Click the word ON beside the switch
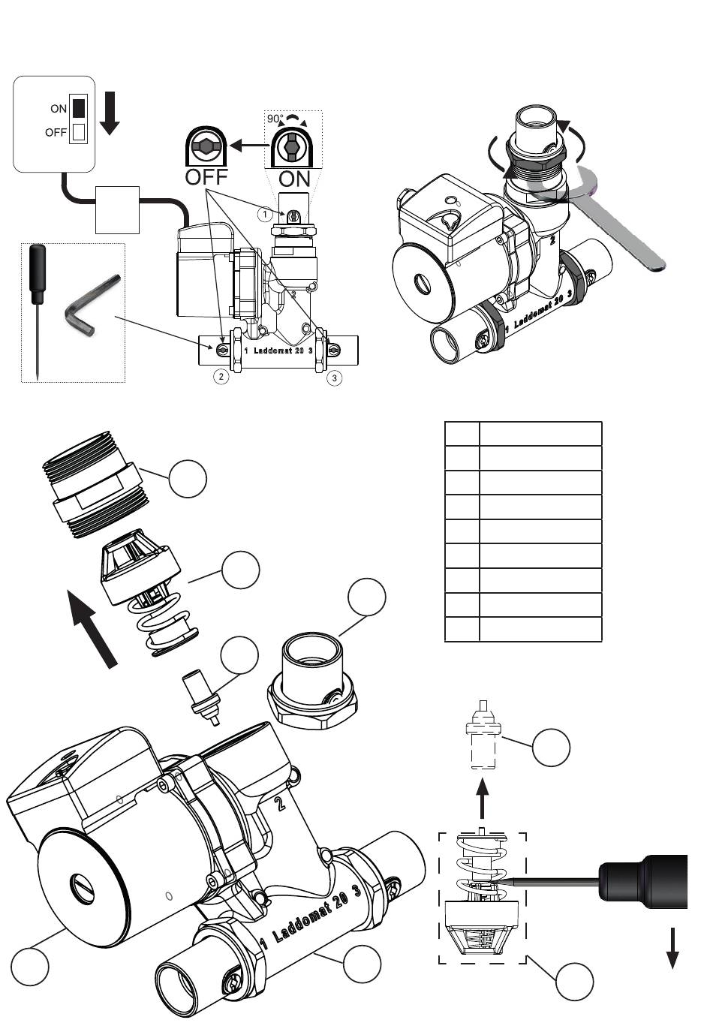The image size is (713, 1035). click(x=59, y=109)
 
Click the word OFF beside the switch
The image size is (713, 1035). click(x=56, y=133)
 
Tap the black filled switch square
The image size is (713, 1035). click(x=79, y=107)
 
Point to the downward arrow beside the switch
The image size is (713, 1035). click(x=110, y=113)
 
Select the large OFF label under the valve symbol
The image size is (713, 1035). click(x=206, y=176)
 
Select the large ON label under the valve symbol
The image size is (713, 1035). click(x=294, y=179)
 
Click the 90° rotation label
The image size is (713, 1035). click(x=275, y=119)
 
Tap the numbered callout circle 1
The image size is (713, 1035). click(x=265, y=215)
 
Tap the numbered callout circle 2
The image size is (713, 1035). click(x=221, y=377)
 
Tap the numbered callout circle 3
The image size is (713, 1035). click(x=335, y=378)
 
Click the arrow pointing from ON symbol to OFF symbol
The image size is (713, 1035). click(x=249, y=146)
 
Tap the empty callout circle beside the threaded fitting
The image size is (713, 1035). click(x=188, y=479)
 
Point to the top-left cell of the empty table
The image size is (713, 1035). click(x=462, y=433)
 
